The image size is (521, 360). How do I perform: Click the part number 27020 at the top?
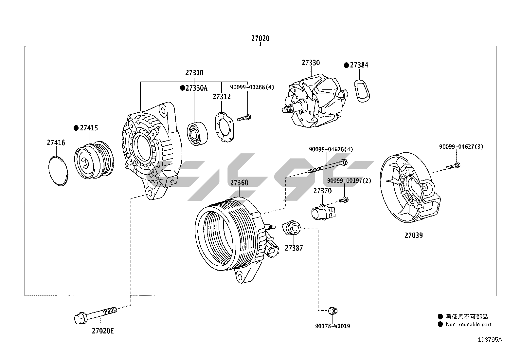click(x=260, y=38)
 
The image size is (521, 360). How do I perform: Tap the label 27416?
click(x=56, y=143)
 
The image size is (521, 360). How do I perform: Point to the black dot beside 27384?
click(x=346, y=65)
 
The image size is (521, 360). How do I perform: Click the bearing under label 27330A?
click(x=197, y=134)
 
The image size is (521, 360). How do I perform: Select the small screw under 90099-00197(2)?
click(x=344, y=199)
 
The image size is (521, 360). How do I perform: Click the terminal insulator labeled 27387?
click(x=292, y=228)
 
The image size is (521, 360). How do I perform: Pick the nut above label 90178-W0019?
click(x=332, y=310)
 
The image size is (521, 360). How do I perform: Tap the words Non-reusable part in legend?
click(x=468, y=325)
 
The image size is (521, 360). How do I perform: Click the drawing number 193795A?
click(x=490, y=340)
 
